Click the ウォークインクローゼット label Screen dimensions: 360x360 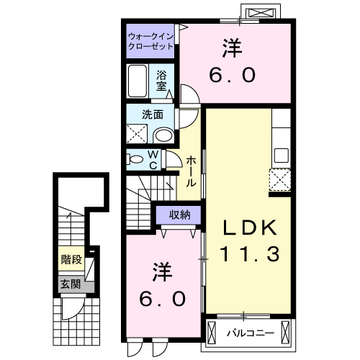point(150,40)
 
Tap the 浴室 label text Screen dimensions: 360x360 point(162,80)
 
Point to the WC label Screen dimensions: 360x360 point(154,159)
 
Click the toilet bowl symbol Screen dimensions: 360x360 point(135,158)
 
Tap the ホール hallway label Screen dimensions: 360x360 point(191,173)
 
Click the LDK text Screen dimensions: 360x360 point(248,228)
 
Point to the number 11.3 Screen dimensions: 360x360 point(248,253)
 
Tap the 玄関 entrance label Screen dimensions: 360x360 point(69,283)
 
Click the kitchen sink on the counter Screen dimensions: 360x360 point(280,156)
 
